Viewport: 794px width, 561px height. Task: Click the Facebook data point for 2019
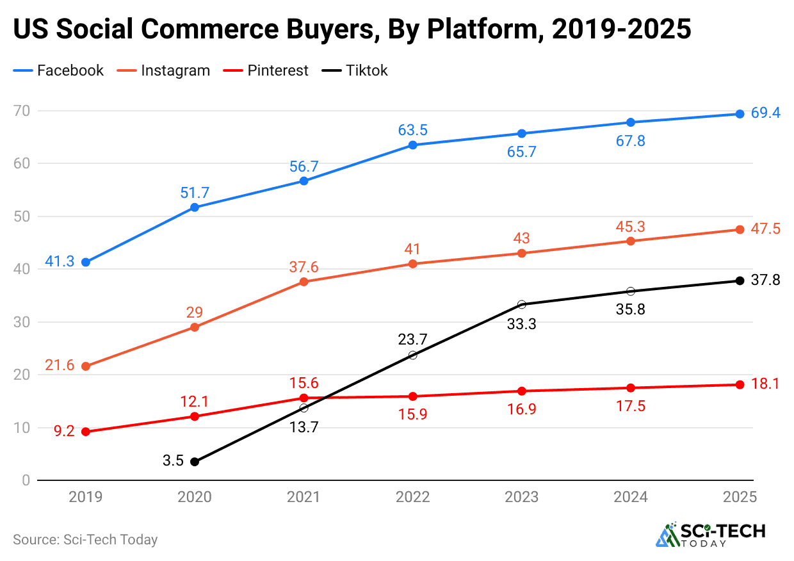click(86, 262)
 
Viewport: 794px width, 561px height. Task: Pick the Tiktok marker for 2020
click(195, 462)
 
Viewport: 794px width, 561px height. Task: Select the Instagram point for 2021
click(304, 282)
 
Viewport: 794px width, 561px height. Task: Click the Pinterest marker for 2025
click(740, 385)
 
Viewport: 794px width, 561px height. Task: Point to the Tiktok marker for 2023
click(521, 304)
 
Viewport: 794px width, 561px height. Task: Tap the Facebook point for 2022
click(412, 145)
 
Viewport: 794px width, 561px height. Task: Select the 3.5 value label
click(173, 460)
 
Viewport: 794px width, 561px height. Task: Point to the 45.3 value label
click(629, 227)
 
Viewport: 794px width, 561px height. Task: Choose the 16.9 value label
click(521, 409)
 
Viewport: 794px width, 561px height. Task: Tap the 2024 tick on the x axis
click(631, 497)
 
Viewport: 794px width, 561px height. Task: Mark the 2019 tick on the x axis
click(86, 497)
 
